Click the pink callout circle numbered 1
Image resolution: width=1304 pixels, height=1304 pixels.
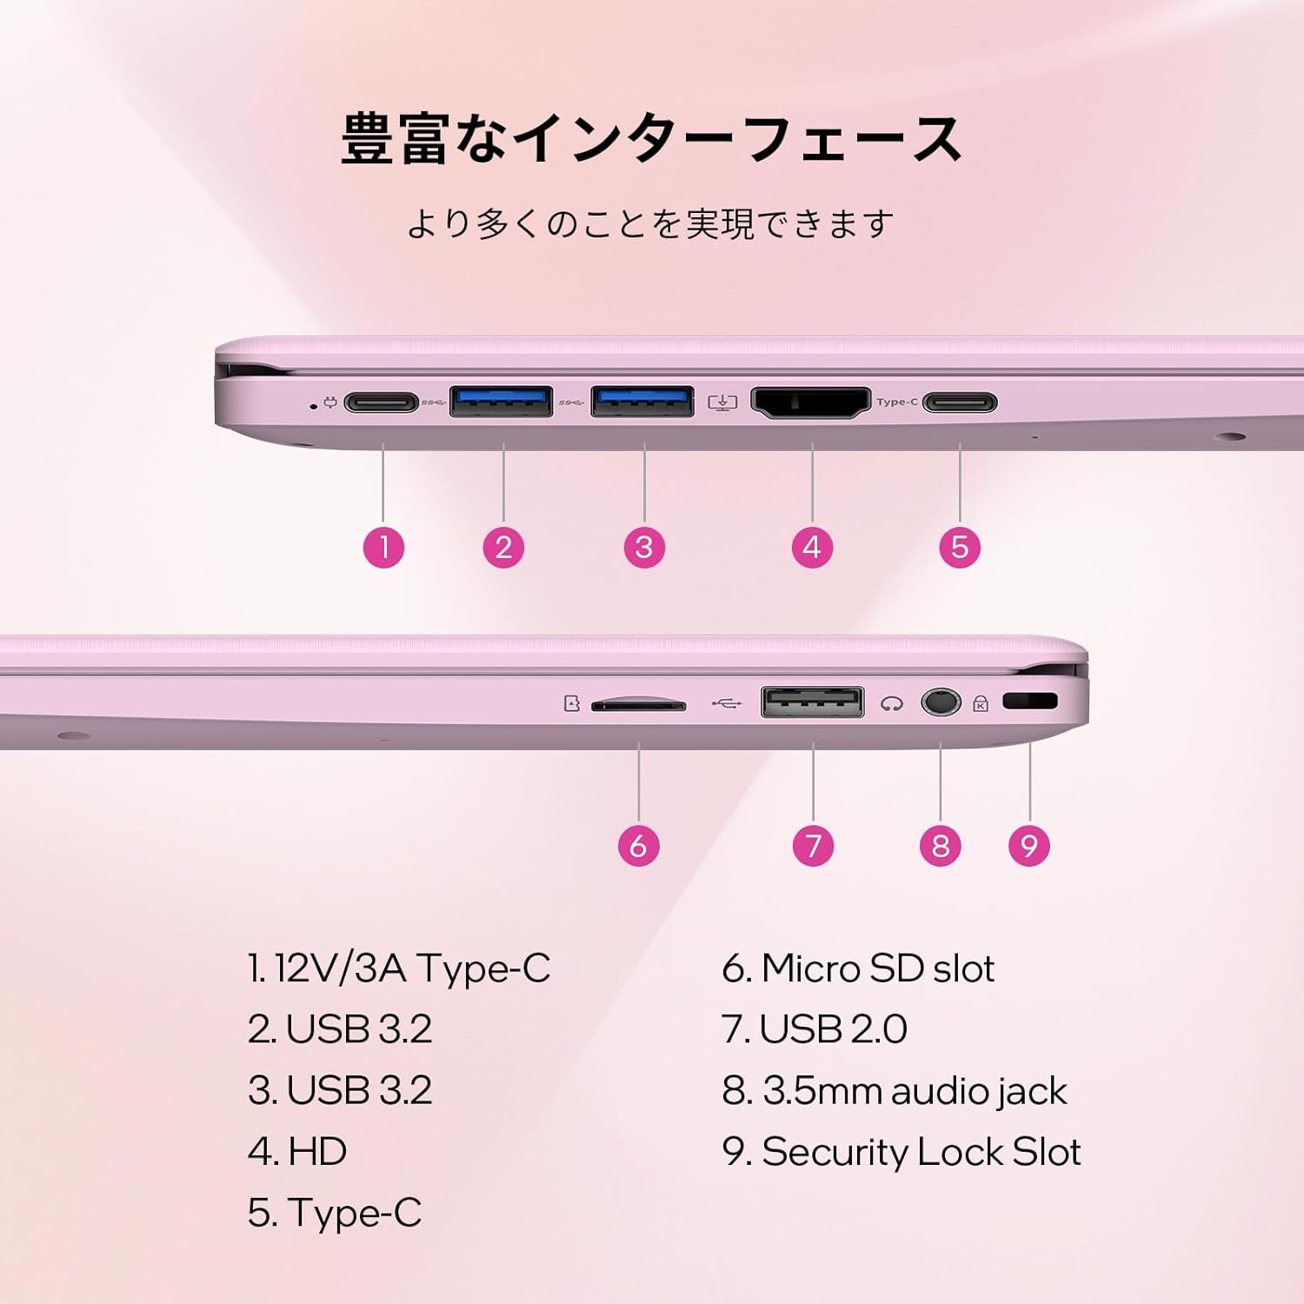383,548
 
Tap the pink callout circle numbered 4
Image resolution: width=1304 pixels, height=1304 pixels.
812,548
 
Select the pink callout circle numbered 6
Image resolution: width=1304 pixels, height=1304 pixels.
639,846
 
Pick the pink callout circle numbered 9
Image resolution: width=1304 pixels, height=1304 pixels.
1029,846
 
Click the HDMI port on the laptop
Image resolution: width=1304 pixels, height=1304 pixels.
810,403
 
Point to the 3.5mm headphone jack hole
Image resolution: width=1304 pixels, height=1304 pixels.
941,702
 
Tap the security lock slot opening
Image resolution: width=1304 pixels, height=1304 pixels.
1030,701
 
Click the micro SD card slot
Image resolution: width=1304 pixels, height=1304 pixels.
639,705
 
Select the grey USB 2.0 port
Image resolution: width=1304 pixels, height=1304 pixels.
813,702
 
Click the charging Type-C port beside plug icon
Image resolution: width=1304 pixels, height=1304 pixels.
382,403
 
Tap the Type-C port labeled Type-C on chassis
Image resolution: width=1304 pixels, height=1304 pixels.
960,403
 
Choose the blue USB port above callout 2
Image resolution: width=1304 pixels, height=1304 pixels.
501,402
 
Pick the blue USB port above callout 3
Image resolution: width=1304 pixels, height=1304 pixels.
642,402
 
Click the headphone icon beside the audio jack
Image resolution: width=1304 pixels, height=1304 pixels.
891,703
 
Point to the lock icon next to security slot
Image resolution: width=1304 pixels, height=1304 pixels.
981,703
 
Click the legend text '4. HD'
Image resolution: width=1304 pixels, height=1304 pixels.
297,1152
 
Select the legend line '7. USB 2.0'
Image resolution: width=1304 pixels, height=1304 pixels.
815,1029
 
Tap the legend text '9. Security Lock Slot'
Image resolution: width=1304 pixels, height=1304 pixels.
901,1152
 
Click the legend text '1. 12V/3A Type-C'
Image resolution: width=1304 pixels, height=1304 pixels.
399,968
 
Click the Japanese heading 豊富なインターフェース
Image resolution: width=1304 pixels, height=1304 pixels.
651,139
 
